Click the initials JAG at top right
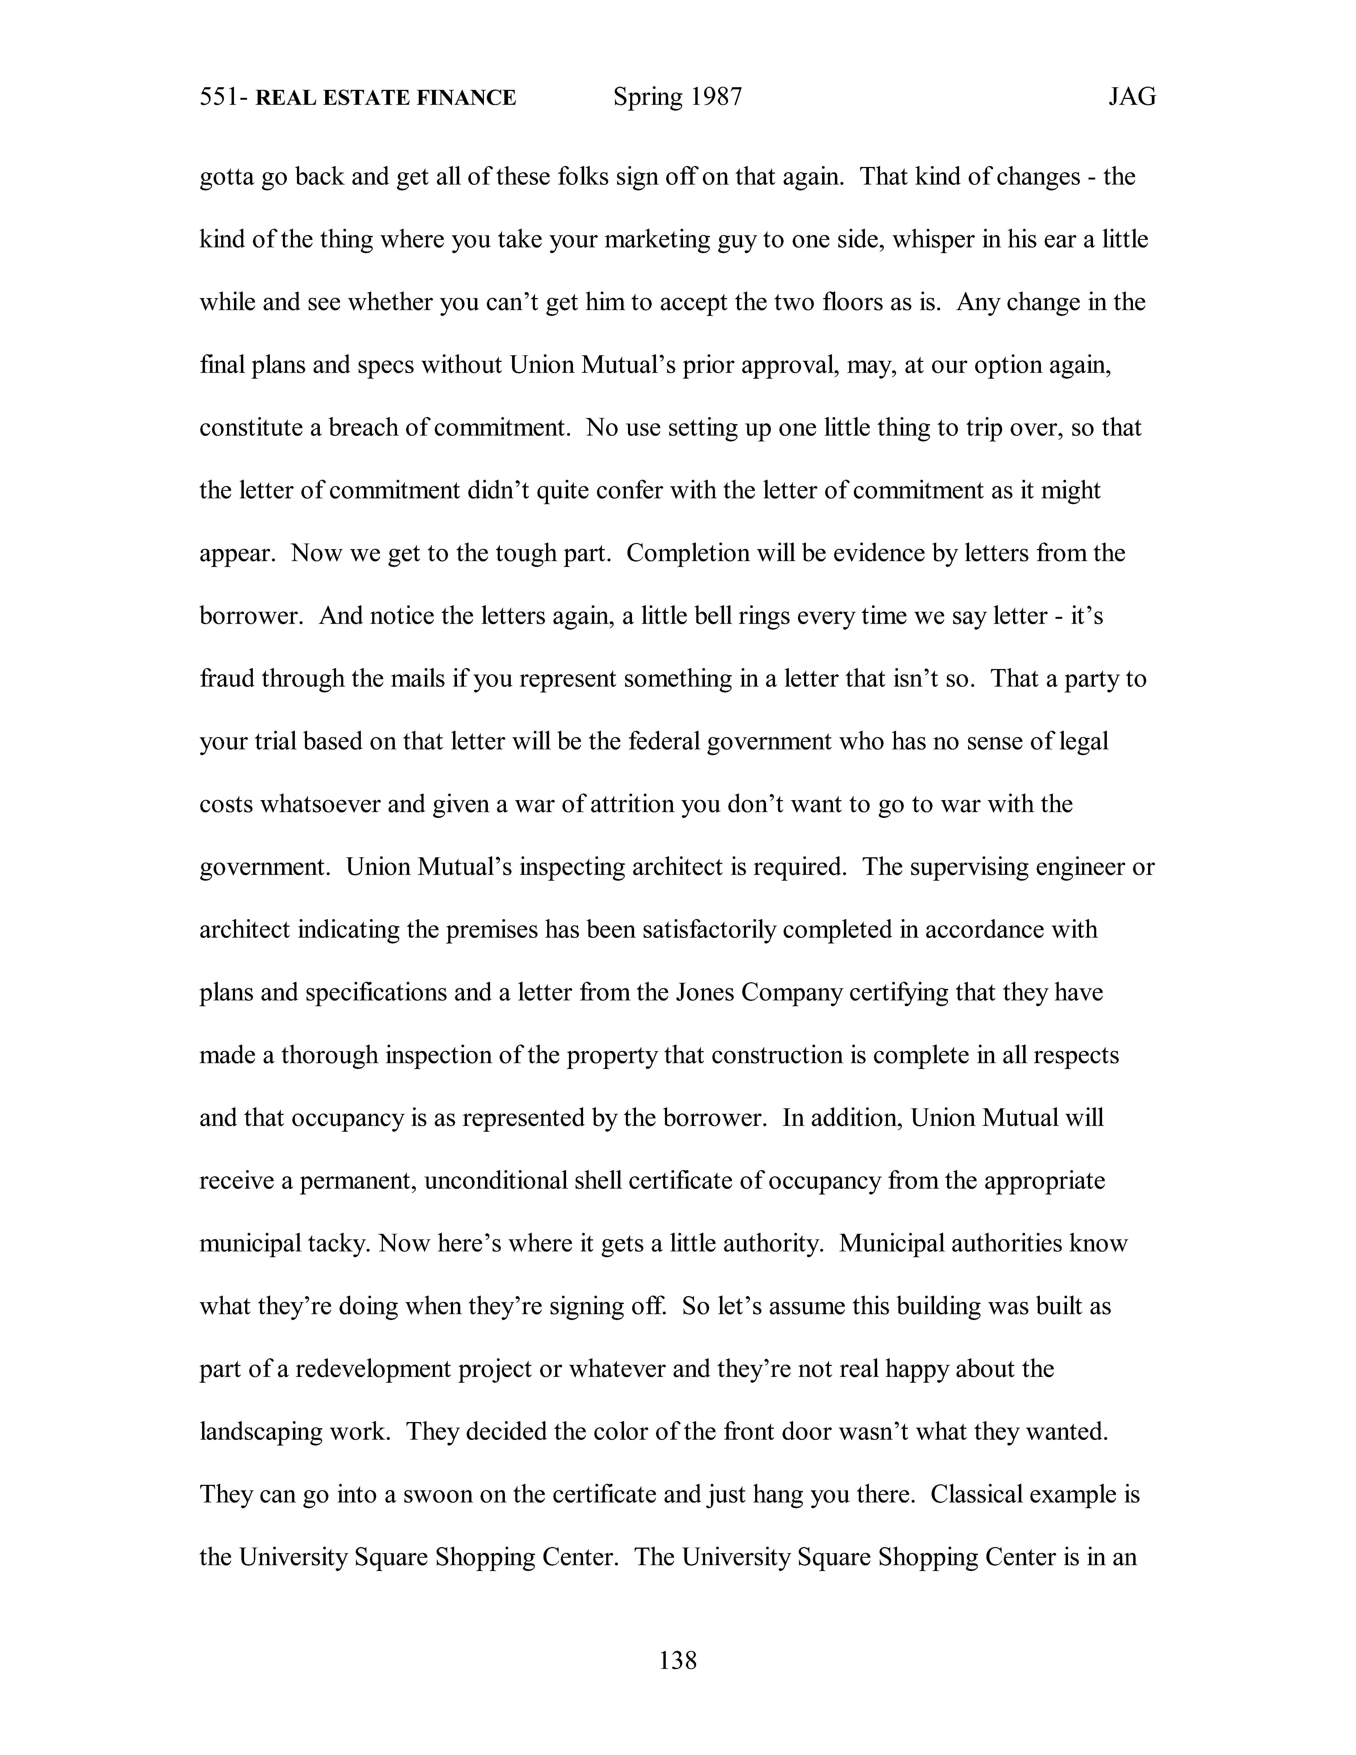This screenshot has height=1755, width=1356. pyautogui.click(x=1132, y=97)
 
